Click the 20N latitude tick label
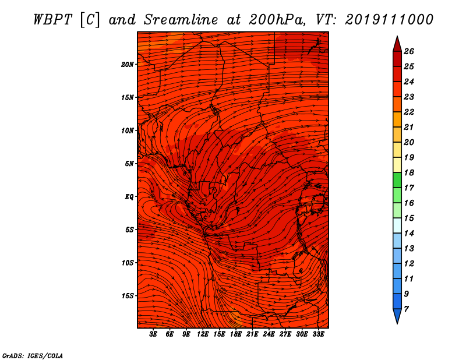click(x=128, y=65)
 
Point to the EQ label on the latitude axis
click(x=129, y=197)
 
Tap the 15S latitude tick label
click(x=128, y=296)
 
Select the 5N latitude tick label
click(x=129, y=164)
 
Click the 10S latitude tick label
click(x=128, y=263)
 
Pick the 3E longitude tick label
click(x=153, y=334)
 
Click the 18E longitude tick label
click(x=236, y=334)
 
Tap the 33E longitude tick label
click(x=318, y=334)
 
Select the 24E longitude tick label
click(x=269, y=334)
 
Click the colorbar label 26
click(x=409, y=51)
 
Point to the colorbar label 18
click(x=409, y=172)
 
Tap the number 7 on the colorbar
click(x=406, y=309)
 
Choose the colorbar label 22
click(x=409, y=112)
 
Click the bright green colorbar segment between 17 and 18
click(x=397, y=180)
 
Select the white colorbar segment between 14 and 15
click(x=397, y=225)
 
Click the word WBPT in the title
click(x=52, y=20)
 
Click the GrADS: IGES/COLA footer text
click(x=33, y=356)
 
